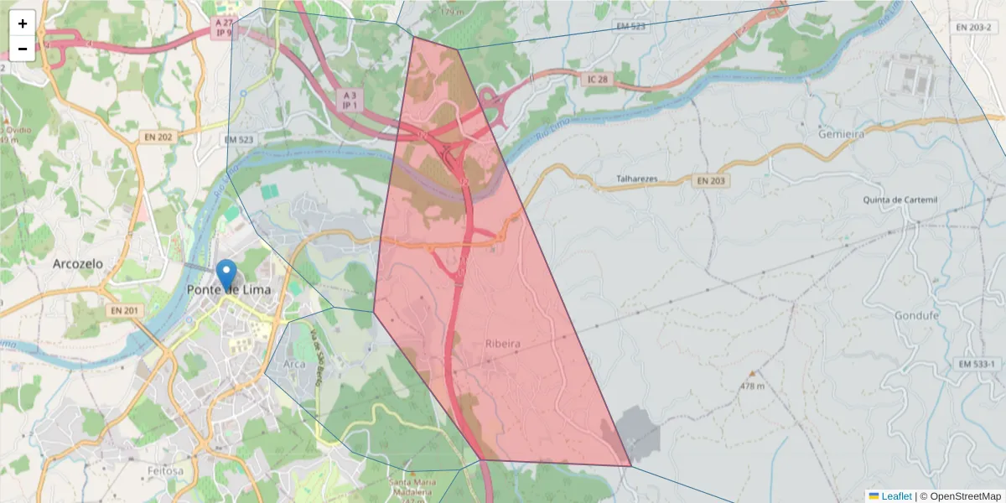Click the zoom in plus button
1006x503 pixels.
pyautogui.click(x=23, y=23)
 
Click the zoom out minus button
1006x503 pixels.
pyautogui.click(x=23, y=49)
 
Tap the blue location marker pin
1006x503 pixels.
pyautogui.click(x=226, y=275)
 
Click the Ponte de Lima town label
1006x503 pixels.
pyautogui.click(x=226, y=290)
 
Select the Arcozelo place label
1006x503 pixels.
pyautogui.click(x=77, y=263)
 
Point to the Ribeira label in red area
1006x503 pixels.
pyautogui.click(x=503, y=345)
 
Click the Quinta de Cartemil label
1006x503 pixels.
pyautogui.click(x=900, y=200)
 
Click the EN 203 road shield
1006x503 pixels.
pyautogui.click(x=713, y=180)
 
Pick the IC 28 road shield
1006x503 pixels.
pyautogui.click(x=597, y=78)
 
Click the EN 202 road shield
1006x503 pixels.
pyautogui.click(x=158, y=137)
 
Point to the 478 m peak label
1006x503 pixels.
pyautogui.click(x=753, y=386)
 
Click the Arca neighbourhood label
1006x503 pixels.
pyautogui.click(x=294, y=365)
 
